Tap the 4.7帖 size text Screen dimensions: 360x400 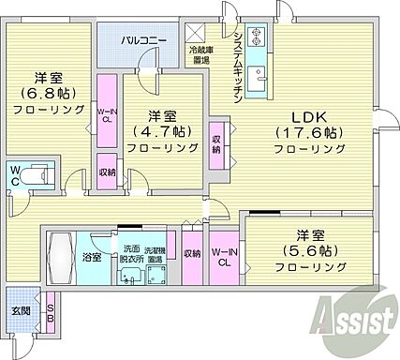[161, 131]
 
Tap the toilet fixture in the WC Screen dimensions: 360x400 [37, 175]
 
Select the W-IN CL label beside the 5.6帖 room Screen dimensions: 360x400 [223, 258]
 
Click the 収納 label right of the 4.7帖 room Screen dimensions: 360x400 [217, 142]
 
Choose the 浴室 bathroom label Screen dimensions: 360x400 [92, 256]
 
